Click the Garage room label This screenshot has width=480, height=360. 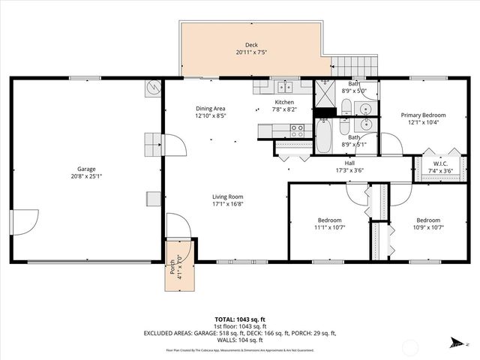tap(86, 169)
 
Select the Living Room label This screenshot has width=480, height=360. tap(227, 196)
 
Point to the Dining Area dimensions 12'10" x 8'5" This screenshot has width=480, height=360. tap(210, 116)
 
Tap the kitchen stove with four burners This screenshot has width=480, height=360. tap(297, 128)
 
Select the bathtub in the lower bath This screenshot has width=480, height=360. tap(323, 137)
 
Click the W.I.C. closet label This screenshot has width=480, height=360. tap(440, 163)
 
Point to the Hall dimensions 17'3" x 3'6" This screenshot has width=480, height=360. tap(349, 172)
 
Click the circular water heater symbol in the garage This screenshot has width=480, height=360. tap(153, 88)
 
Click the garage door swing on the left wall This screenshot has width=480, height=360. tap(25, 221)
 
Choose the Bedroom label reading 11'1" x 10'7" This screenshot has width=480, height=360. tap(328, 220)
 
